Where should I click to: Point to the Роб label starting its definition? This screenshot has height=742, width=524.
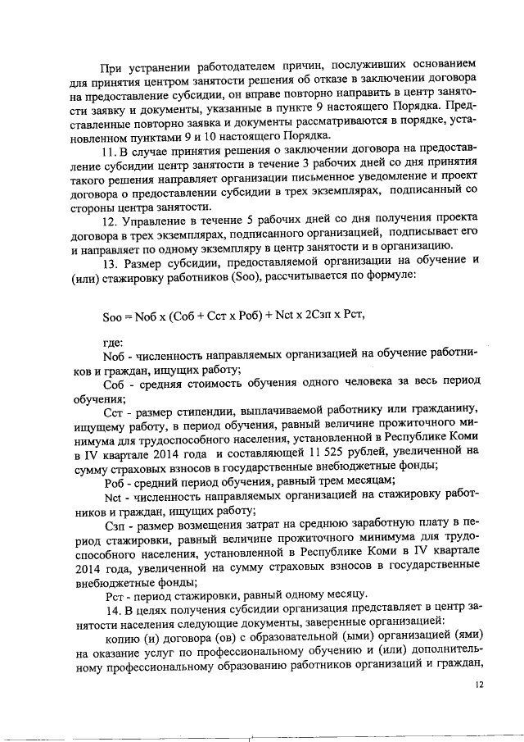(115, 480)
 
